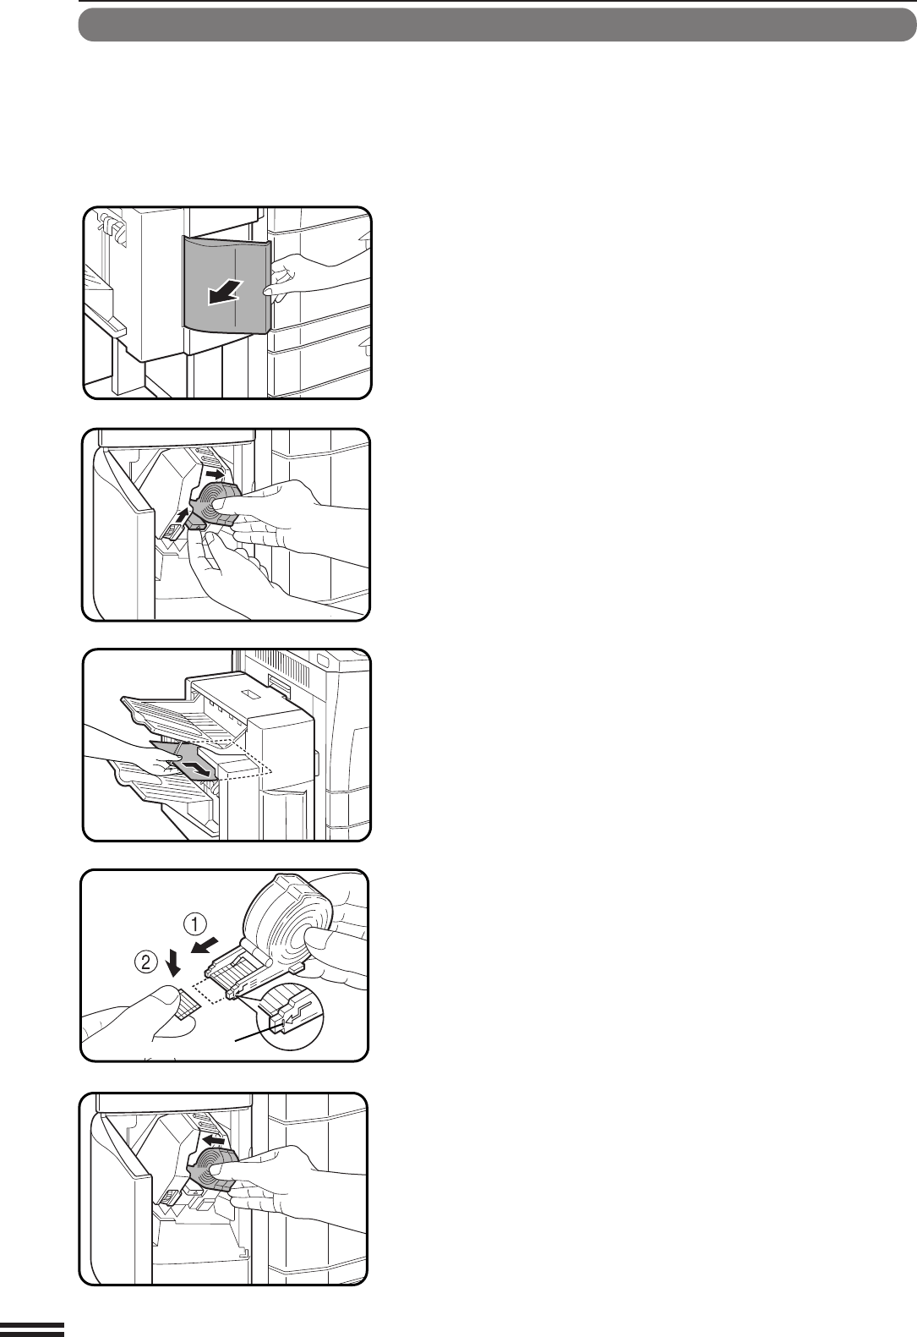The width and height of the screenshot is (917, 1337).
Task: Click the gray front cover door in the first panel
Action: coord(227,282)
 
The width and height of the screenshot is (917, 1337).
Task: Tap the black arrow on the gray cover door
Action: coord(225,292)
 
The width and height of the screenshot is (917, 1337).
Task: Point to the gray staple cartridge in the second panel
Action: coord(212,505)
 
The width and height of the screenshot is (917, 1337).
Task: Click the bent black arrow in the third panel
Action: coord(198,768)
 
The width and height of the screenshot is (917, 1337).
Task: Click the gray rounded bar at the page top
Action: coord(498,25)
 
